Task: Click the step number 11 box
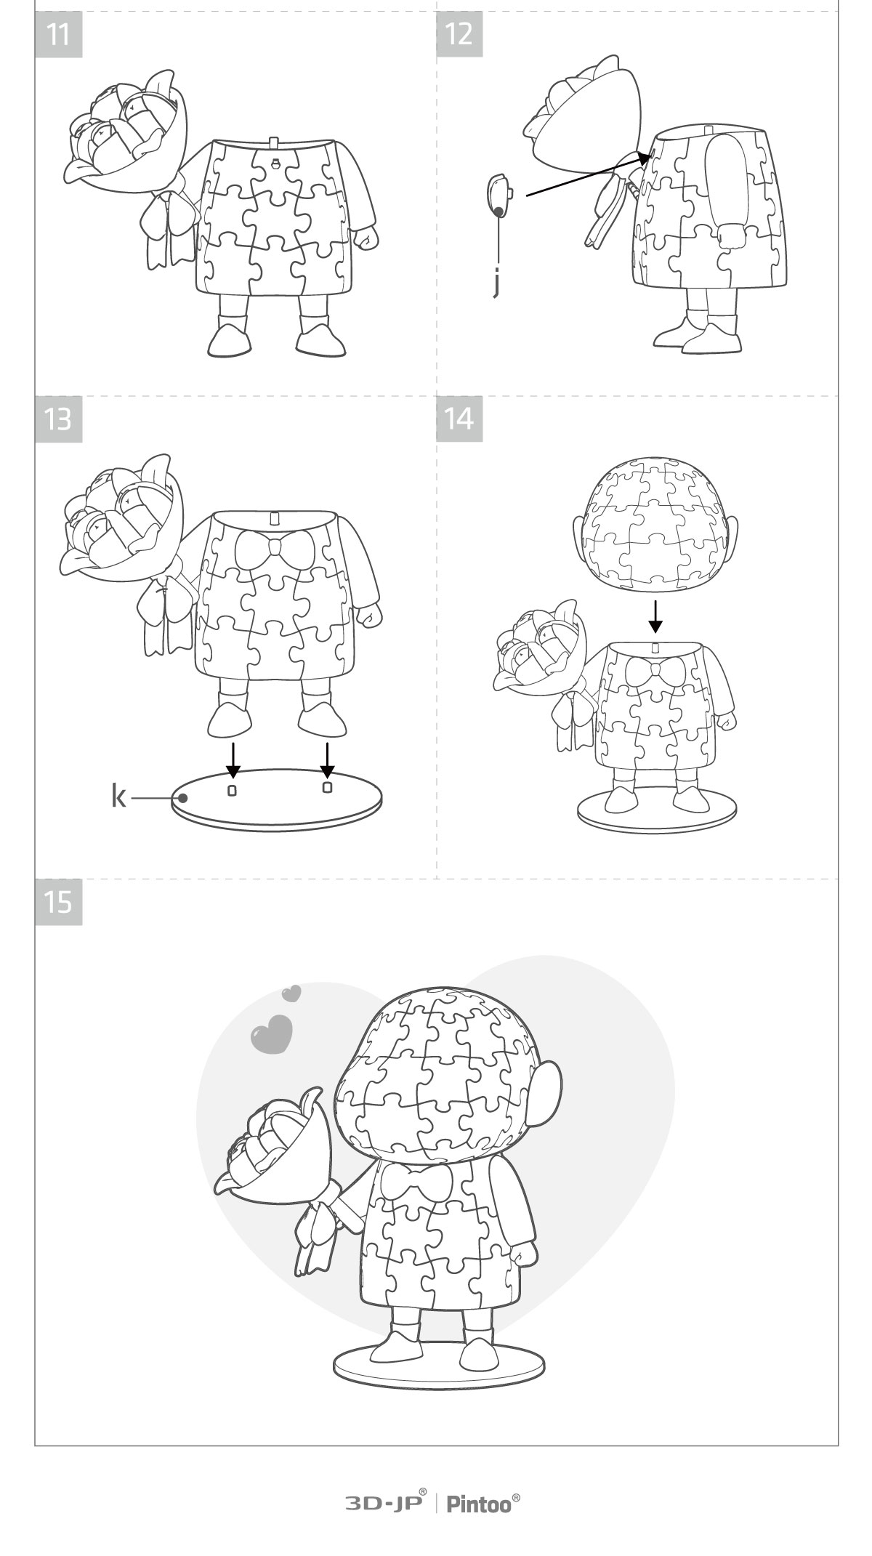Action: click(58, 34)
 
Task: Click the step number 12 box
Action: click(459, 34)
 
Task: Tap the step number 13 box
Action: click(58, 419)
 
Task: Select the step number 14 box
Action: click(459, 419)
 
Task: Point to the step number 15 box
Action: click(58, 902)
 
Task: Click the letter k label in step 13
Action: click(118, 797)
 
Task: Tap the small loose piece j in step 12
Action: click(498, 195)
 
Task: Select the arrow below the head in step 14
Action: click(655, 616)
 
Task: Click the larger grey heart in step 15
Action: click(271, 1035)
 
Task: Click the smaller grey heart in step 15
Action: click(291, 993)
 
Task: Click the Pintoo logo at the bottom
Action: click(483, 1503)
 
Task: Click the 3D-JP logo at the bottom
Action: click(385, 1503)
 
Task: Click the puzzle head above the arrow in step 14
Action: click(655, 523)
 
